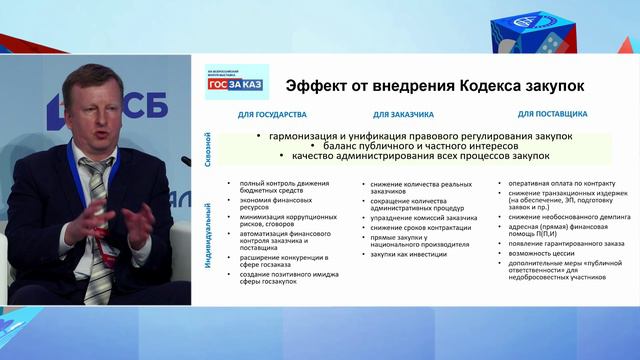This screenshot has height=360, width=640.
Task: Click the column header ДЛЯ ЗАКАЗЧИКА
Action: (x=401, y=116)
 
